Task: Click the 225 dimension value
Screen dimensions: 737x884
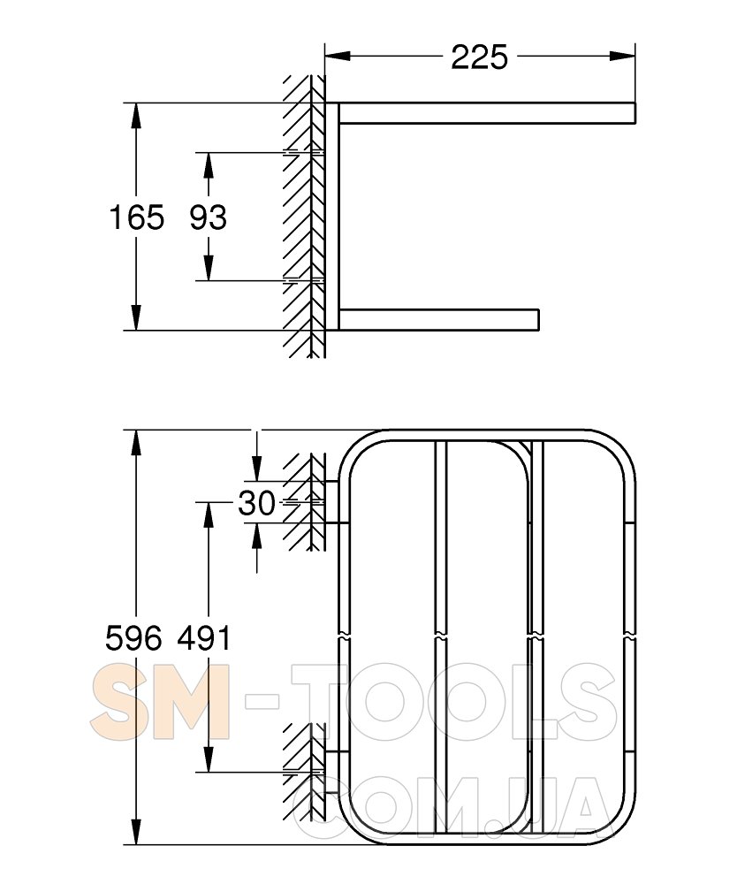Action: point(480,57)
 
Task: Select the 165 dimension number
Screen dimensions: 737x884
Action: point(137,217)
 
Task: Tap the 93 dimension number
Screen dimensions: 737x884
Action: point(208,217)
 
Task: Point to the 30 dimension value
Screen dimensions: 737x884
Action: point(256,503)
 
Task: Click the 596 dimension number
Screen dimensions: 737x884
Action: point(134,639)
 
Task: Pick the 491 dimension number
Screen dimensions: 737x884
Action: point(204,639)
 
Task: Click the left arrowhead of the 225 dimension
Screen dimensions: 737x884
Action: point(338,56)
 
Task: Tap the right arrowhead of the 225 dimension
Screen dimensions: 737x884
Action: point(623,56)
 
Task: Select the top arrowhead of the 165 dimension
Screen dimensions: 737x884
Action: point(135,116)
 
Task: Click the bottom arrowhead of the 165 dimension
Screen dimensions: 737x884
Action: point(135,317)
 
